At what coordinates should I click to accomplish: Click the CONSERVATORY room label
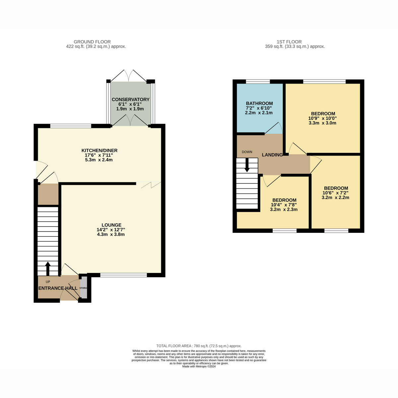pyautogui.click(x=131, y=99)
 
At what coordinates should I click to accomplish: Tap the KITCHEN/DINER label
pyautogui.click(x=99, y=150)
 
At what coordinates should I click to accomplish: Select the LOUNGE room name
pyautogui.click(x=111, y=225)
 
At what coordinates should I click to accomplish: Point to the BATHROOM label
pyautogui.click(x=259, y=103)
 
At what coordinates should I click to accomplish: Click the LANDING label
pyautogui.click(x=272, y=155)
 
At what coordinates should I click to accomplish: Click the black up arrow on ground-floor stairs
pyautogui.click(x=48, y=269)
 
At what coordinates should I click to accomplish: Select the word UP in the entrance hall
pyautogui.click(x=48, y=282)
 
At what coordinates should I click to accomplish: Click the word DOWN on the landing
pyautogui.click(x=247, y=152)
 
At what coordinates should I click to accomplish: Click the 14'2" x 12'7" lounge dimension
pyautogui.click(x=111, y=230)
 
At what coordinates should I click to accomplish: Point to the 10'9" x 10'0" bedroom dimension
pyautogui.click(x=322, y=118)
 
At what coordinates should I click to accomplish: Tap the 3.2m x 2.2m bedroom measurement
pyautogui.click(x=335, y=197)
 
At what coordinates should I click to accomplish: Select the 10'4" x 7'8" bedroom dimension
pyautogui.click(x=284, y=205)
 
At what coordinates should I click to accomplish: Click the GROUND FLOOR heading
pyautogui.click(x=92, y=42)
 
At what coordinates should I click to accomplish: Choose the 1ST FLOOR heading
pyautogui.click(x=289, y=42)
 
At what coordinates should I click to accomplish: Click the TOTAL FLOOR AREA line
pyautogui.click(x=199, y=346)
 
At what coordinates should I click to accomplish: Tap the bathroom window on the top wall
pyautogui.click(x=258, y=82)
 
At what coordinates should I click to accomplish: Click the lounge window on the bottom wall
pyautogui.click(x=123, y=275)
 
